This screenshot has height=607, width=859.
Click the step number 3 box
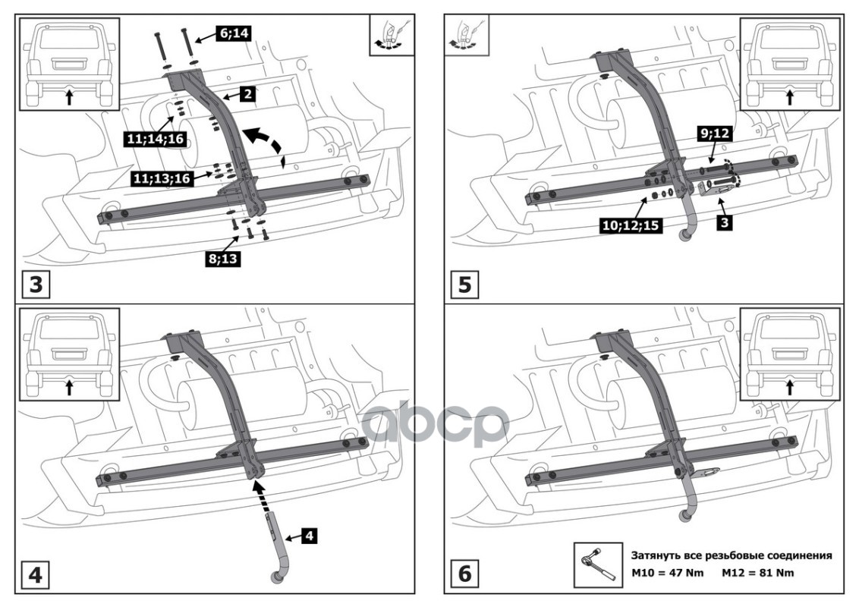(x=36, y=285)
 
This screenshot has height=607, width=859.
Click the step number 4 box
(x=36, y=575)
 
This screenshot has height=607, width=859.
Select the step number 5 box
(x=464, y=285)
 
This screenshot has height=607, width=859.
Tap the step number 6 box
(x=464, y=575)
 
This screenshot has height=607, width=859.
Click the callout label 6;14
(x=234, y=33)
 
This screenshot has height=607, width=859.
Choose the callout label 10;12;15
(x=631, y=225)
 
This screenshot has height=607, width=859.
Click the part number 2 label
(x=247, y=94)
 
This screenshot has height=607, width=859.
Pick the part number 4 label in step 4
(x=308, y=536)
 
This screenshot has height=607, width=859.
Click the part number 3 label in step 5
(x=724, y=222)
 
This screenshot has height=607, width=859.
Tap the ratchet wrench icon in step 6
(x=598, y=565)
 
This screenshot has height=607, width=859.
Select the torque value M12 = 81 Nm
(x=757, y=573)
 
